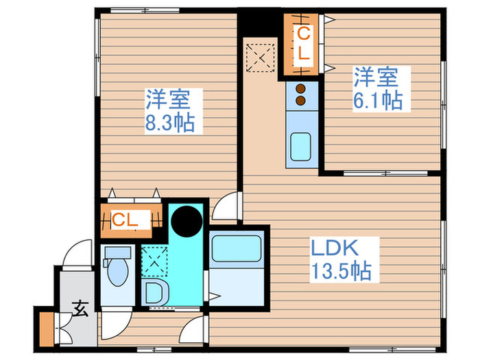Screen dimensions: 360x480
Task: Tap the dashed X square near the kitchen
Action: pyautogui.click(x=261, y=57)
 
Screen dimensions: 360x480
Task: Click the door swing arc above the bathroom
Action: pyautogui.click(x=225, y=206)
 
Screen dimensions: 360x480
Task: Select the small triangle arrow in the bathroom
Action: pyautogui.click(x=215, y=296)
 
